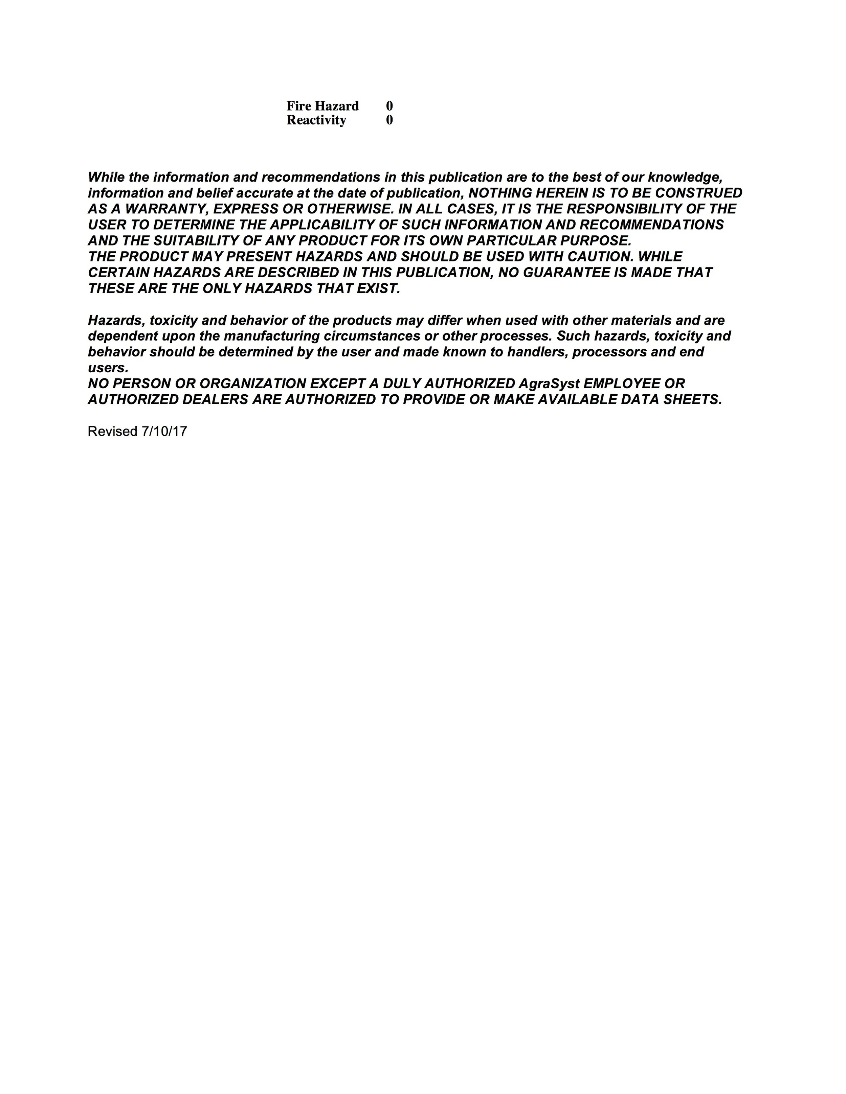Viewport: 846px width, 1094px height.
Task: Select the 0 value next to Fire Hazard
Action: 389,106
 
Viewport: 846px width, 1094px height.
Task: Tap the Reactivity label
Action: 316,120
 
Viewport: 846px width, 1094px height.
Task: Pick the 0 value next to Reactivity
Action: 389,120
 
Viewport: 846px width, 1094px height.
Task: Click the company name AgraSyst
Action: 549,384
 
